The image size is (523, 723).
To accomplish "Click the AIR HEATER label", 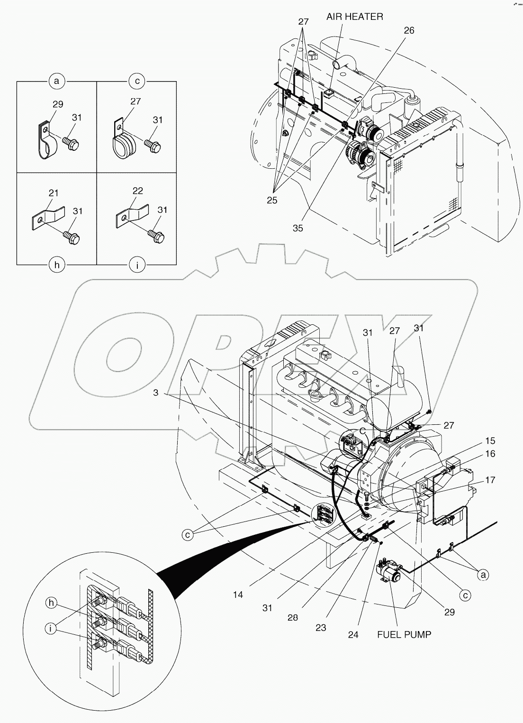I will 354,17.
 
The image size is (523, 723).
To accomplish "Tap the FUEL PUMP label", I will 404,634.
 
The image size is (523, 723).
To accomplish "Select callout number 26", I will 409,30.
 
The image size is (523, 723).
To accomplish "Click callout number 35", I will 298,228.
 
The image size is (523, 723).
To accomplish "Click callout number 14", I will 238,594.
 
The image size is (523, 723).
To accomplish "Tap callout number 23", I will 321,628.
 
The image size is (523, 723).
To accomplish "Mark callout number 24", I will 353,635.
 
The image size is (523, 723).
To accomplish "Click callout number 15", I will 490,441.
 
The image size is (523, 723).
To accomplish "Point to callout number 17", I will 490,480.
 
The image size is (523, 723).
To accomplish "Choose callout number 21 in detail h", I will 54,192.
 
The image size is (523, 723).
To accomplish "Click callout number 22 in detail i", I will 138,190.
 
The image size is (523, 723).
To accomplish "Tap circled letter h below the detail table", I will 57,265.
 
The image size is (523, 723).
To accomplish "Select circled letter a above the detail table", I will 57,82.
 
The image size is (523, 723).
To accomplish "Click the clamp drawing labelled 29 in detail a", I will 45,143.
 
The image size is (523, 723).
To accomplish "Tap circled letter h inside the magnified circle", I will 52,603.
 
